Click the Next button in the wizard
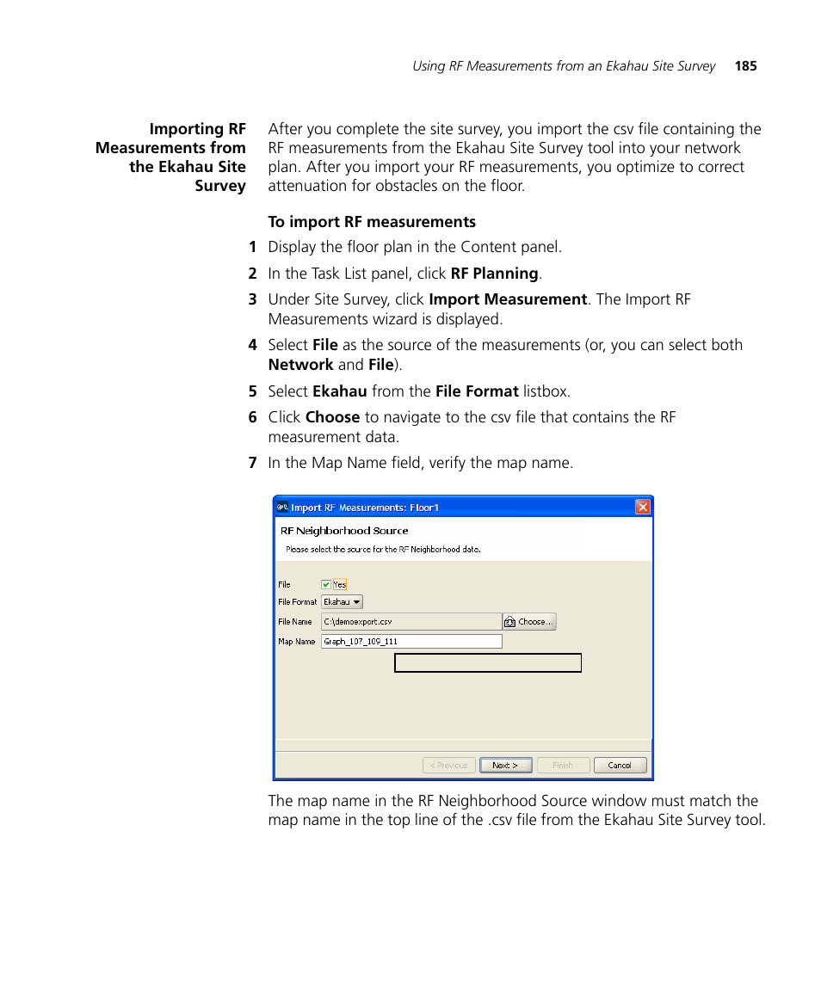click(505, 765)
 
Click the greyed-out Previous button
click(448, 765)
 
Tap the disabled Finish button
click(563, 765)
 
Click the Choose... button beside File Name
click(529, 621)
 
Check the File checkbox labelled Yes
click(326, 584)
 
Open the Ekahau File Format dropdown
click(342, 602)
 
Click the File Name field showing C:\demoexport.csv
click(410, 621)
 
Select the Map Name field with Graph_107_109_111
click(410, 641)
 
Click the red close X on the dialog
click(643, 508)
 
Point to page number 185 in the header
click(745, 66)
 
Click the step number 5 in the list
click(252, 391)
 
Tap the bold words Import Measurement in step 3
click(508, 299)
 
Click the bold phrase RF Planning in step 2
click(494, 274)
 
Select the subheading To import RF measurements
click(372, 222)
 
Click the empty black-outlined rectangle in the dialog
click(488, 663)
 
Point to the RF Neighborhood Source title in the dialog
click(344, 531)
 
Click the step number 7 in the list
click(252, 463)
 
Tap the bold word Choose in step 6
click(332, 417)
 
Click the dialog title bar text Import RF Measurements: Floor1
click(365, 508)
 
